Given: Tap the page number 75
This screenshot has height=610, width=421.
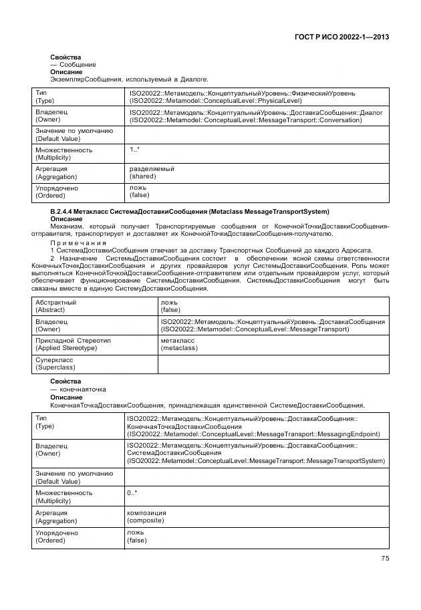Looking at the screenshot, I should coord(384,559).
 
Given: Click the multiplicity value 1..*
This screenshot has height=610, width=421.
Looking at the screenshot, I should coord(134,150).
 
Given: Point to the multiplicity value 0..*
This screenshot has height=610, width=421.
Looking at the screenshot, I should coord(132,493).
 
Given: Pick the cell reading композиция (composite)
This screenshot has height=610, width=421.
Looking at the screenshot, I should coord(146,516).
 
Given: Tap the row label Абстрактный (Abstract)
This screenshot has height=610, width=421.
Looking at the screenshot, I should coord(55,306).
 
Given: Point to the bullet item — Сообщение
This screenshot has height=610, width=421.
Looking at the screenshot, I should coord(73,64).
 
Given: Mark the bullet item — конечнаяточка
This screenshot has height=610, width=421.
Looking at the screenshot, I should coord(78,389).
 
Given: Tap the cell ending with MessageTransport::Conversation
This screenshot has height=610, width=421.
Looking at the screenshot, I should coord(256,116).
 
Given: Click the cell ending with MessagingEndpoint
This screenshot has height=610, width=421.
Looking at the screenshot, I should coord(253,426).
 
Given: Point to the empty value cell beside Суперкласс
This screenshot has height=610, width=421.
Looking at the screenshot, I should coord(273,363).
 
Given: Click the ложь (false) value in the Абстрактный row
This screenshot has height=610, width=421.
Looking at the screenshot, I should coord(170,306).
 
